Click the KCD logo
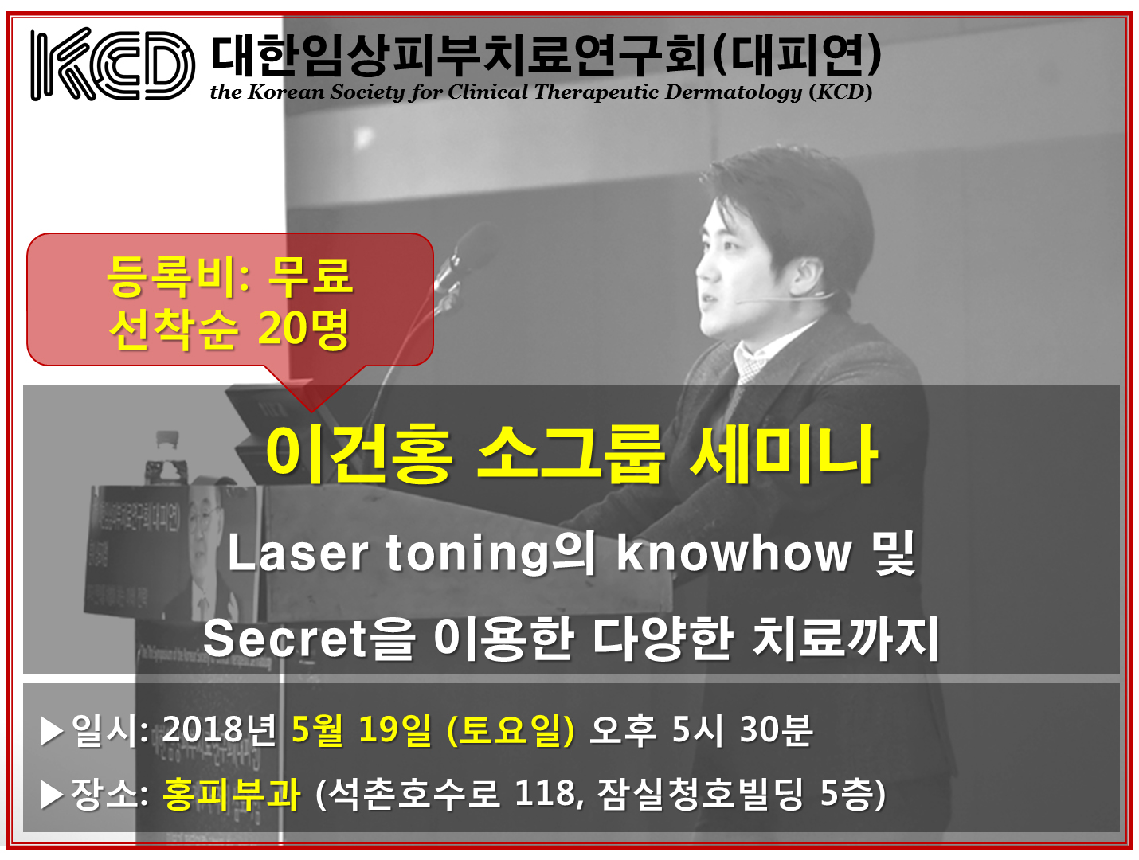pyautogui.click(x=112, y=64)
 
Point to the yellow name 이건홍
pyautogui.click(x=359, y=455)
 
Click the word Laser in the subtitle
pyautogui.click(x=297, y=553)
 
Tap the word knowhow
pyautogui.click(x=734, y=553)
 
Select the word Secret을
pyautogui.click(x=310, y=639)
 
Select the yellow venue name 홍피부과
pyautogui.click(x=232, y=794)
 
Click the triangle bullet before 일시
pyautogui.click(x=52, y=731)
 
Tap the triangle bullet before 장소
pyautogui.click(x=52, y=795)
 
